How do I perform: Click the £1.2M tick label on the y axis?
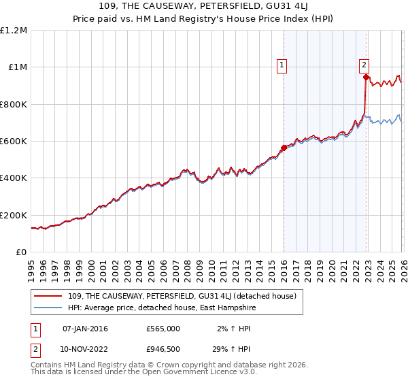click(x=14, y=31)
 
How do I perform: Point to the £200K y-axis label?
click(x=14, y=215)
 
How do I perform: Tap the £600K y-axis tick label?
click(x=14, y=142)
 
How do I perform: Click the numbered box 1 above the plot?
click(x=282, y=65)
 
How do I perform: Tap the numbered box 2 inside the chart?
click(x=364, y=65)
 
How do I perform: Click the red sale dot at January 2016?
click(x=284, y=148)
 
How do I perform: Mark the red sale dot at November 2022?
click(x=366, y=78)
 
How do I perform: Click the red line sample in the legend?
click(x=49, y=296)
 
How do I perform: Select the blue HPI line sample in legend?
click(x=49, y=308)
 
